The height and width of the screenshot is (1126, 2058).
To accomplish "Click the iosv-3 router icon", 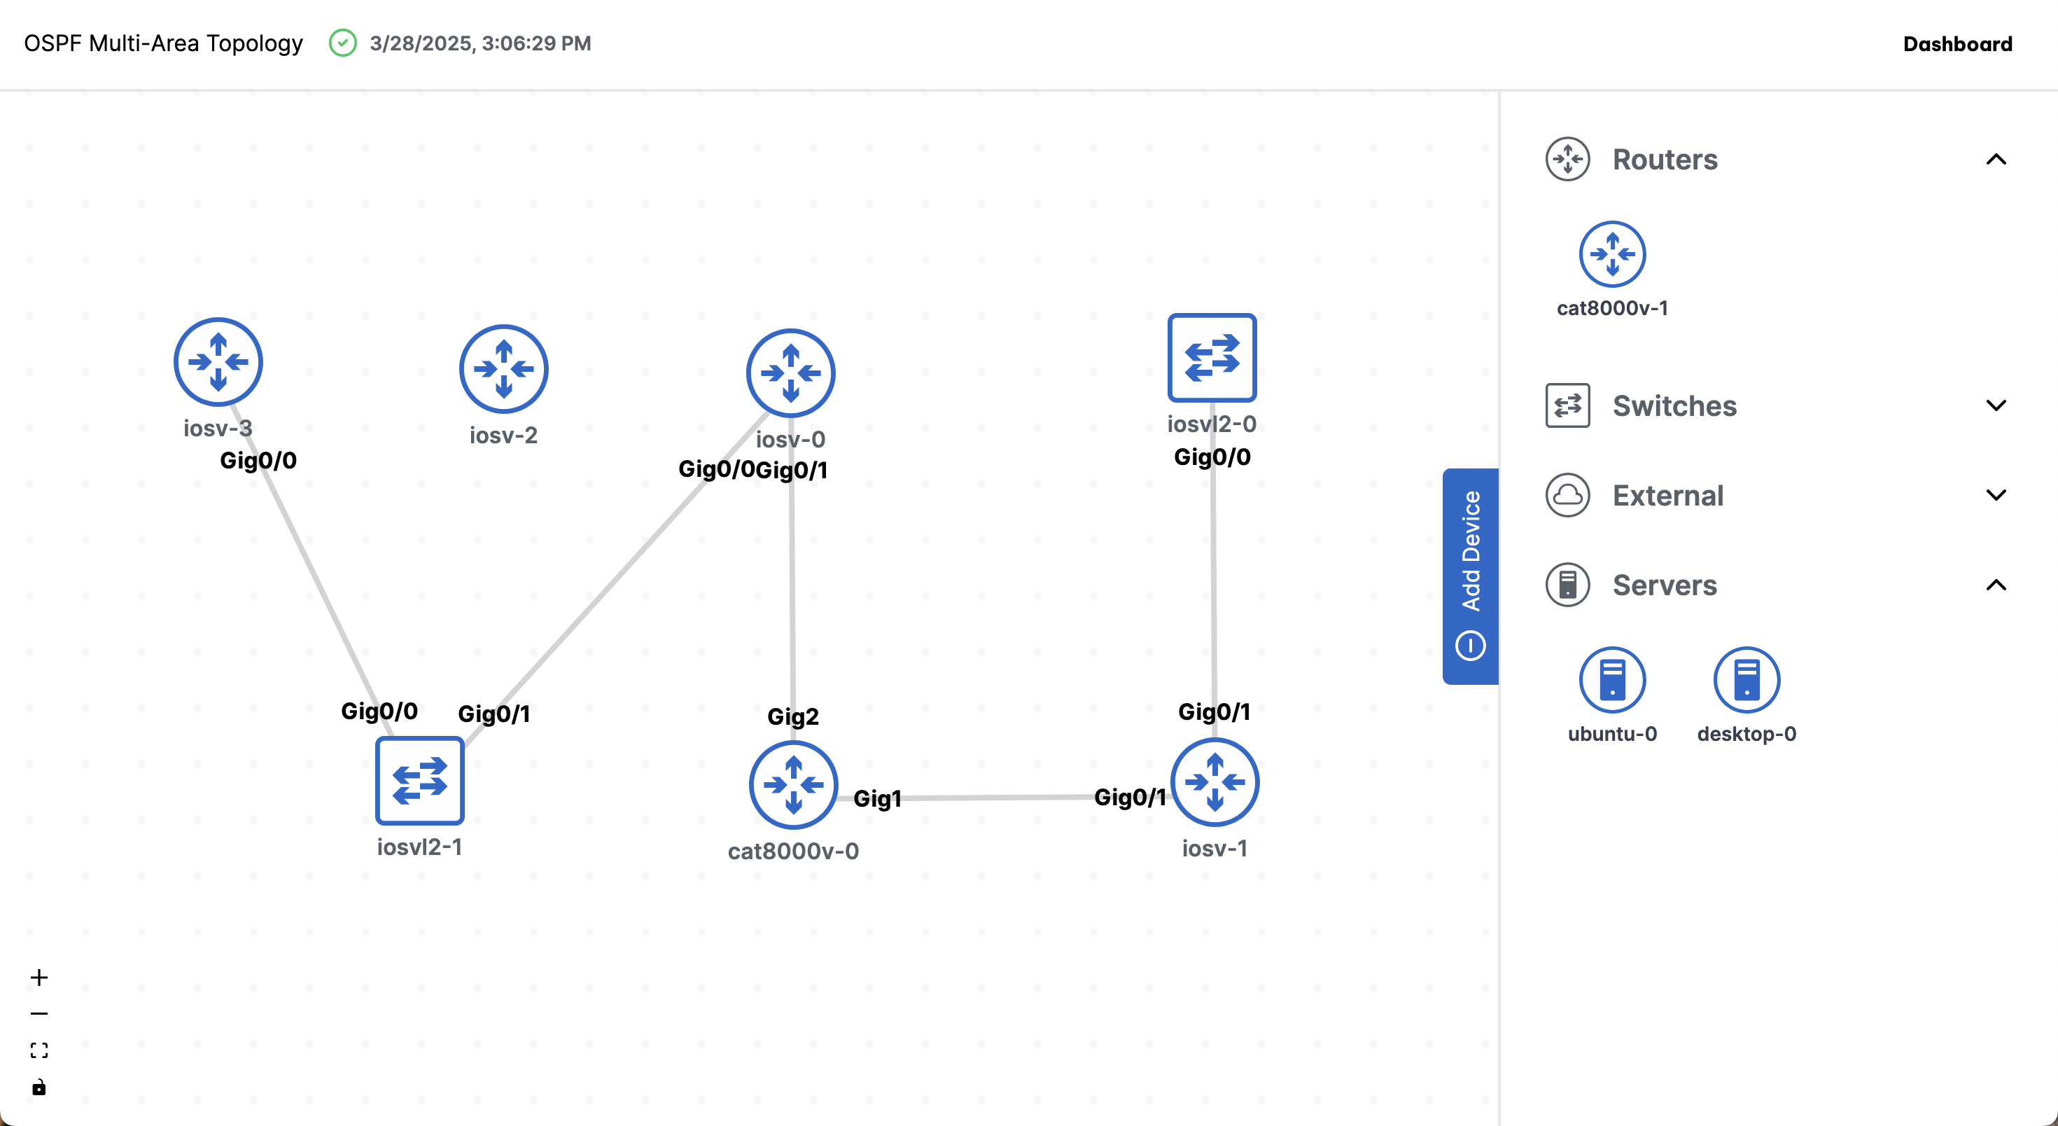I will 218,362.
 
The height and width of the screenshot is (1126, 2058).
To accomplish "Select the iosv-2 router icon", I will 503,368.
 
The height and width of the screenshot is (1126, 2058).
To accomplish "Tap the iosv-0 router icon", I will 790,373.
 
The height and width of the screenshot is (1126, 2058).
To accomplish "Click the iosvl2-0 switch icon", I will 1212,357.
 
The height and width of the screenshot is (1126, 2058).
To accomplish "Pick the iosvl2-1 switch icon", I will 419,780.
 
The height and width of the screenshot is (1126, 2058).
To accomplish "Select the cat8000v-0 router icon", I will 792,785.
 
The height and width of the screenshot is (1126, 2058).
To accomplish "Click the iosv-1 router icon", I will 1214,782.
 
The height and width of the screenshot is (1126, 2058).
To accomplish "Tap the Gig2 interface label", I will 792,716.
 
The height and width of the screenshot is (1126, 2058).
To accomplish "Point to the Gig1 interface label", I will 877,798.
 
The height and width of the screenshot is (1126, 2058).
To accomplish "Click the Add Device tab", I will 1470,576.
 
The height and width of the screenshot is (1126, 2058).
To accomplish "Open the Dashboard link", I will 1957,44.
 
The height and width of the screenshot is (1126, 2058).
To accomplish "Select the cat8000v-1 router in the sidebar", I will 1612,254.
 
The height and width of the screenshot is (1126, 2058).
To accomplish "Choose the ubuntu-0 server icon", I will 1612,680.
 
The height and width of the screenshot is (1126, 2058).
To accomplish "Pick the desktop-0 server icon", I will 1746,680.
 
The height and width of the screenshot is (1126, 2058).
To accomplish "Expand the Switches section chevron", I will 1996,405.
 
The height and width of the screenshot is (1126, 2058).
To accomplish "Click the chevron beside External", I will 1996,494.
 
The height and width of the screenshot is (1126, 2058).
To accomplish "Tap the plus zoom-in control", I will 39,978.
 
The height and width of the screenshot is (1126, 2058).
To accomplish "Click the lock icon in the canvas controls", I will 39,1087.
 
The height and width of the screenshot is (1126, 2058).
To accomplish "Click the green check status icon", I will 343,43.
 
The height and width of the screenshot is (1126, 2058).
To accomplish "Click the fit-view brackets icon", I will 39,1050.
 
